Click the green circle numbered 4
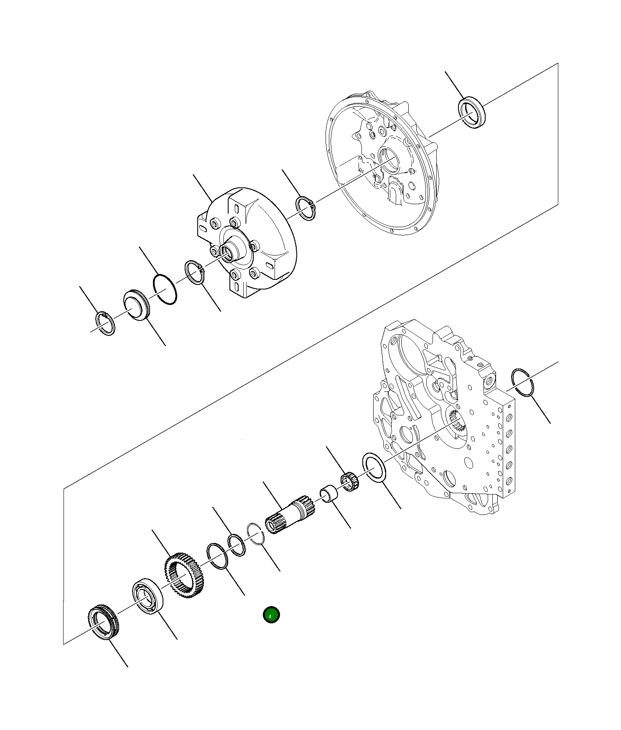point(271,615)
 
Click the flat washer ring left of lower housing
point(375,469)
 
